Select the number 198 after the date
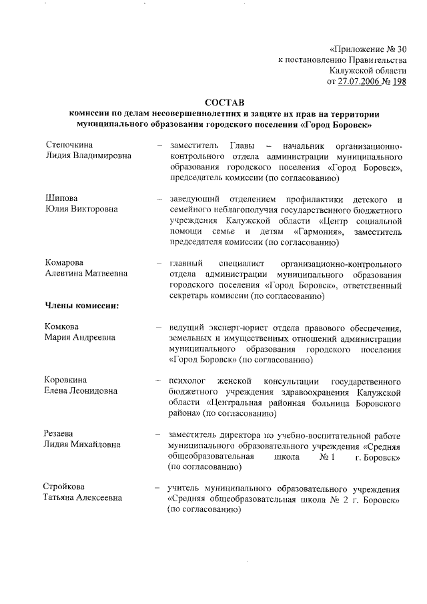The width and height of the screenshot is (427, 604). click(398, 81)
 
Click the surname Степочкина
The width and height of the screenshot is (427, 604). click(69, 145)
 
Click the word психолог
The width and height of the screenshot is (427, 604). click(186, 380)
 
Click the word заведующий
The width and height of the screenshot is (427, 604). click(197, 198)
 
